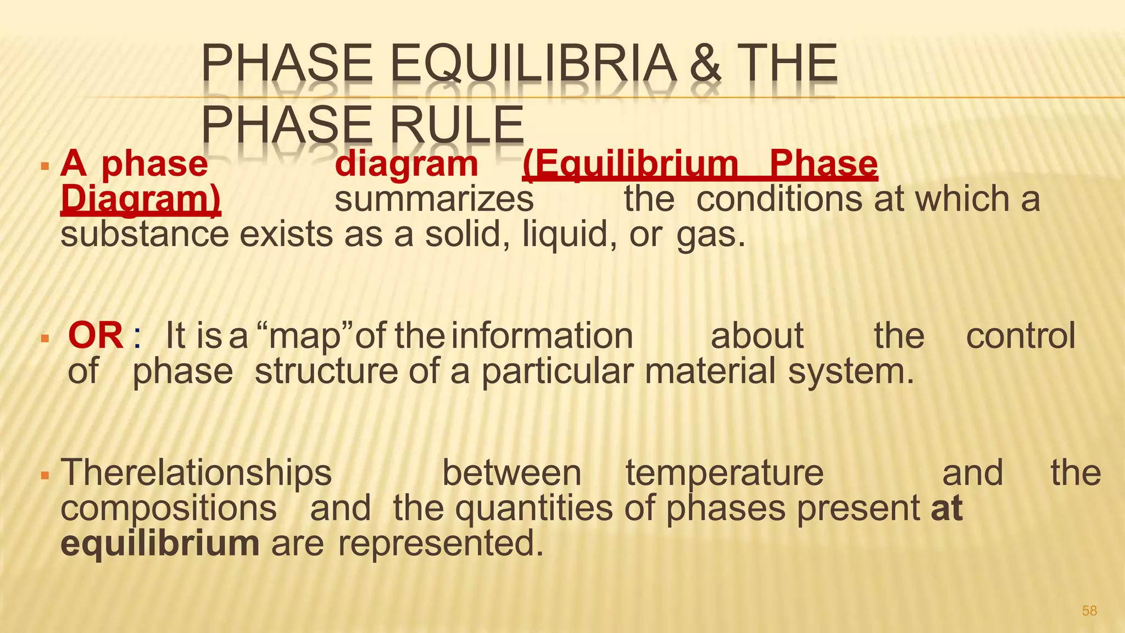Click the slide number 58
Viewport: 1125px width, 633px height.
1089,610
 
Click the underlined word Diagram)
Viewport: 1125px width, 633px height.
141,199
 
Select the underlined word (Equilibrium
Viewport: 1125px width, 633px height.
631,164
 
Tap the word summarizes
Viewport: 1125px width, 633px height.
434,199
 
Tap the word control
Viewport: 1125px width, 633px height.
1020,336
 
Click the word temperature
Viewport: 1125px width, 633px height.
725,473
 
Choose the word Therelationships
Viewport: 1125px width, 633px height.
196,473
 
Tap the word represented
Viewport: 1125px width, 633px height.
440,543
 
